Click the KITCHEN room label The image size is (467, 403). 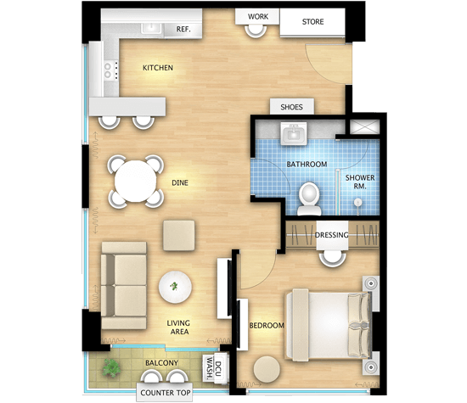(158, 68)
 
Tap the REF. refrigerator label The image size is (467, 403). (183, 29)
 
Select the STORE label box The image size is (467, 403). (312, 22)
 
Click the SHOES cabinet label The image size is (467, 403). (291, 107)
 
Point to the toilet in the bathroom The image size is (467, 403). (309, 199)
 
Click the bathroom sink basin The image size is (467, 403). (294, 134)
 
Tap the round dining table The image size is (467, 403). (136, 182)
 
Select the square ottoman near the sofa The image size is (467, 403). (178, 235)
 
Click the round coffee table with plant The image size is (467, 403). (175, 287)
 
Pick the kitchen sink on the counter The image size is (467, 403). (152, 28)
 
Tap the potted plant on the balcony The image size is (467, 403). (112, 368)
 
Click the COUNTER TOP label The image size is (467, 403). (166, 393)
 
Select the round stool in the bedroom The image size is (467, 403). (267, 370)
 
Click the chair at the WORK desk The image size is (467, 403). (256, 31)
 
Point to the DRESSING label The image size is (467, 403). (331, 235)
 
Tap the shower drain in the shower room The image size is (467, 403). (357, 203)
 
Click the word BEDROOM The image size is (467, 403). (267, 326)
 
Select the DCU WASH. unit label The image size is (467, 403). (215, 368)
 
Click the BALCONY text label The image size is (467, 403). (161, 363)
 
